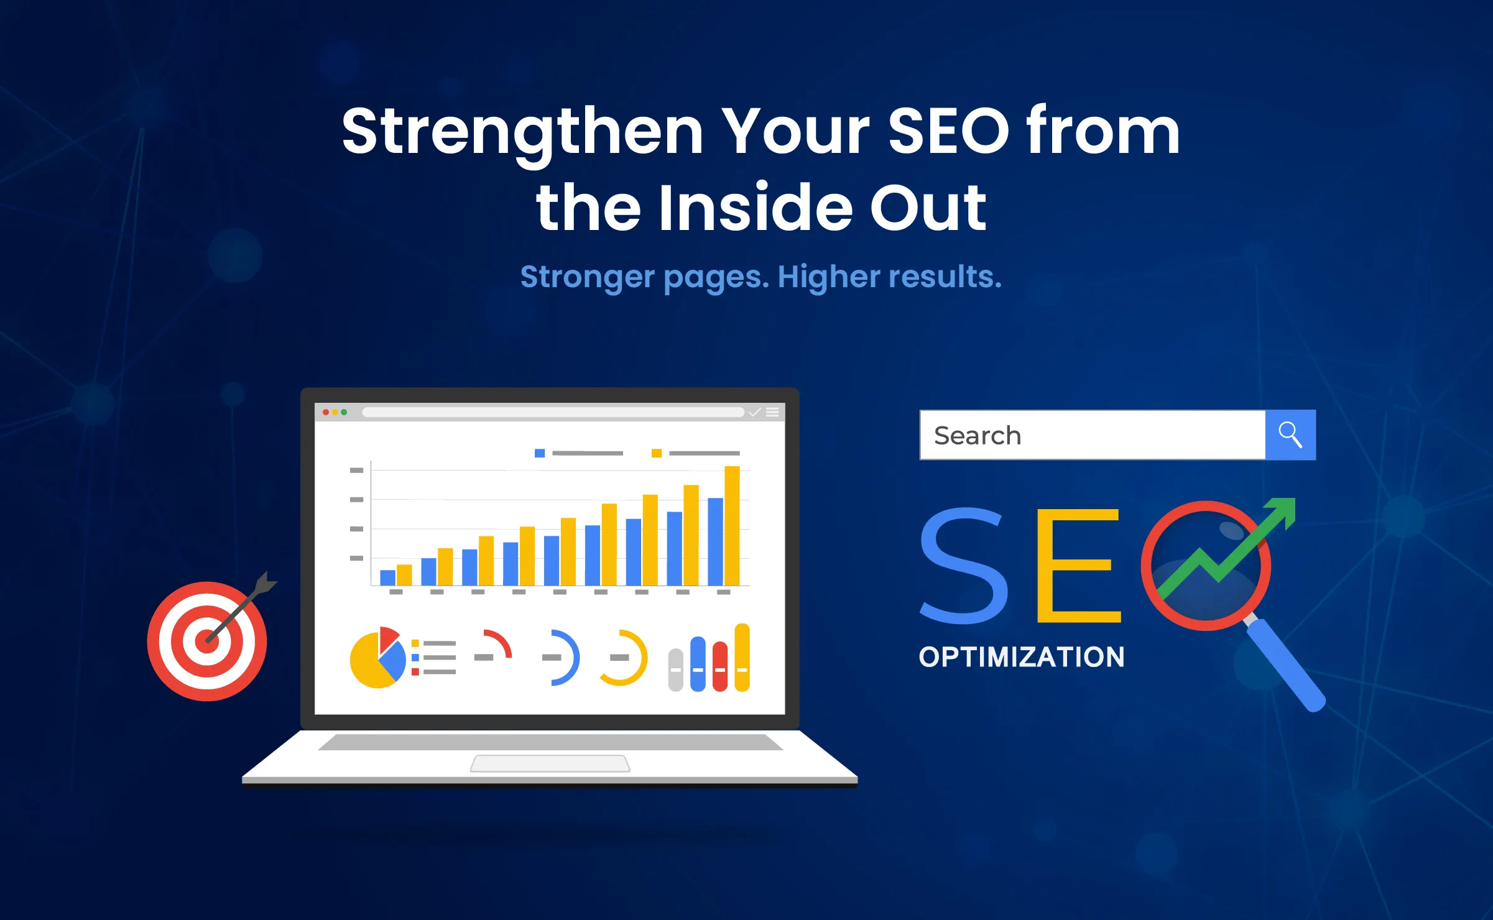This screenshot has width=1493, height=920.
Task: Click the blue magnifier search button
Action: tap(1290, 435)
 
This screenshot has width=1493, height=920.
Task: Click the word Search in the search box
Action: tap(978, 436)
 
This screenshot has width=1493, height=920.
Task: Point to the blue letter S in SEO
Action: tap(964, 566)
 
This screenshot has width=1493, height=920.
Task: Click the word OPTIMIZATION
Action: tap(1022, 657)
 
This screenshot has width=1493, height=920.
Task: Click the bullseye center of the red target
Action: tap(207, 641)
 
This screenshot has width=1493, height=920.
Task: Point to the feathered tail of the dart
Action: tap(266, 583)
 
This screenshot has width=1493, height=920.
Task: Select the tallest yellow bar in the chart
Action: tap(732, 525)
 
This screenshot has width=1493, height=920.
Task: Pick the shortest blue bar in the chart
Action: tap(387, 577)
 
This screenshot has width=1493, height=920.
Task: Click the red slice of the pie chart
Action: tap(387, 638)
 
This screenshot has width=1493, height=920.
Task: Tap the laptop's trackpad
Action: tap(550, 763)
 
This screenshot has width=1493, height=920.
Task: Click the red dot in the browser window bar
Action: tap(326, 412)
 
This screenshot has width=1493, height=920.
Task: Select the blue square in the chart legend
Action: tap(540, 453)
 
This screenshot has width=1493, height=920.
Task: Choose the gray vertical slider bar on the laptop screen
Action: tap(675, 669)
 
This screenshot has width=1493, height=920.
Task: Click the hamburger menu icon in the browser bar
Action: tap(772, 412)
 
